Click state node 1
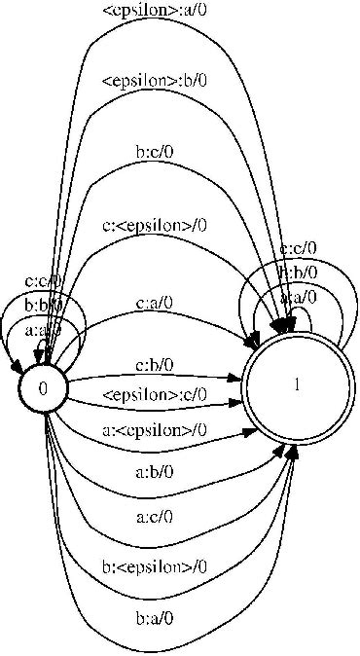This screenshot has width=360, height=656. coord(297,385)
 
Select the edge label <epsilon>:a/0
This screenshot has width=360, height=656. coord(154,12)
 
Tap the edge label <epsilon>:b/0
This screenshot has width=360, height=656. coord(154,81)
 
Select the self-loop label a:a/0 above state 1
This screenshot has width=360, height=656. coord(297,296)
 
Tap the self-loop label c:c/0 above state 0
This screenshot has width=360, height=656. coord(43,281)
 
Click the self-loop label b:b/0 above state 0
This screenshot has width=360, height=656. coord(43,305)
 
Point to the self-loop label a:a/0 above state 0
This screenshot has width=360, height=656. coord(43,329)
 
